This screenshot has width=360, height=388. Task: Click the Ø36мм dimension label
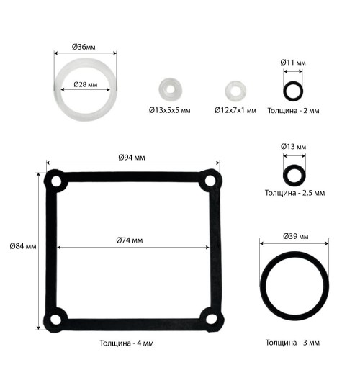coord(84,47)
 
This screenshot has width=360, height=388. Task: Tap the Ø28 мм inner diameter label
coord(86,84)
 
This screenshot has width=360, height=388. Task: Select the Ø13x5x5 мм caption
coord(170,110)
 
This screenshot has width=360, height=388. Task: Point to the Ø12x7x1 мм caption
coord(235,110)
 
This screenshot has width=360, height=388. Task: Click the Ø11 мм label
coord(293,63)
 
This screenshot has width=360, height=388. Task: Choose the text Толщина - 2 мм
coord(294,110)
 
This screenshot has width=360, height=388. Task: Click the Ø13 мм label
coord(294,147)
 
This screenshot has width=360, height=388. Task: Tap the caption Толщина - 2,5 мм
coord(295,193)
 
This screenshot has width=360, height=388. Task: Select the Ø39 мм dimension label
coord(296,236)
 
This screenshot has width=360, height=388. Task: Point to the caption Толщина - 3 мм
coord(293,343)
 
